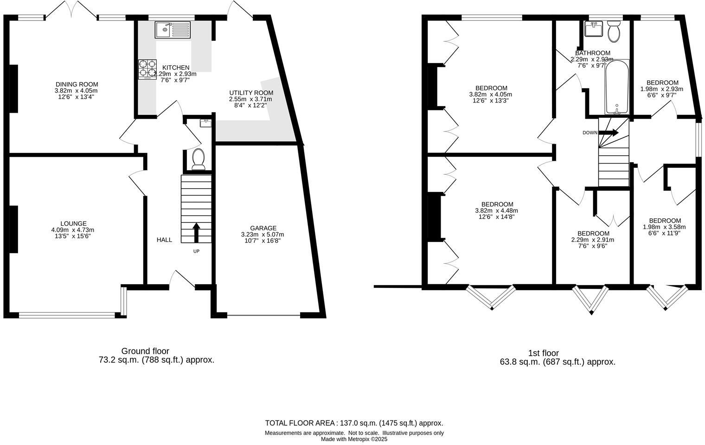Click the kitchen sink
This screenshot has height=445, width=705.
click(173, 30)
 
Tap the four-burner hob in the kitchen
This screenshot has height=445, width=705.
click(147, 69)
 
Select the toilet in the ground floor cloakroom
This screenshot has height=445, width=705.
click(199, 159)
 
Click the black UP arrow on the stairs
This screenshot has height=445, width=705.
click(196, 232)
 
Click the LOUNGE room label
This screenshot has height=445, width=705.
click(73, 223)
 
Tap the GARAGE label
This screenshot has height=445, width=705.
click(263, 228)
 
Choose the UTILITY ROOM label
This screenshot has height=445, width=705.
click(251, 93)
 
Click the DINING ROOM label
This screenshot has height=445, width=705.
click(77, 84)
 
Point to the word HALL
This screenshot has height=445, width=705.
click(164, 240)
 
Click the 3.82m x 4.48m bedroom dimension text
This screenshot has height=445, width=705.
click(497, 210)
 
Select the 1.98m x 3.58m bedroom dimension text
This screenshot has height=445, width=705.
click(664, 227)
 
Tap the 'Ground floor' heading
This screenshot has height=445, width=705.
click(145, 351)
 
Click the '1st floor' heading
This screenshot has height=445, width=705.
click(543, 353)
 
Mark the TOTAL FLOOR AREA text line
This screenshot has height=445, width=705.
click(354, 423)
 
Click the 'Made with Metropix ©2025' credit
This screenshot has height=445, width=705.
click(354, 439)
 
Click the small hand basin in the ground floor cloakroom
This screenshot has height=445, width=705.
click(205, 123)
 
